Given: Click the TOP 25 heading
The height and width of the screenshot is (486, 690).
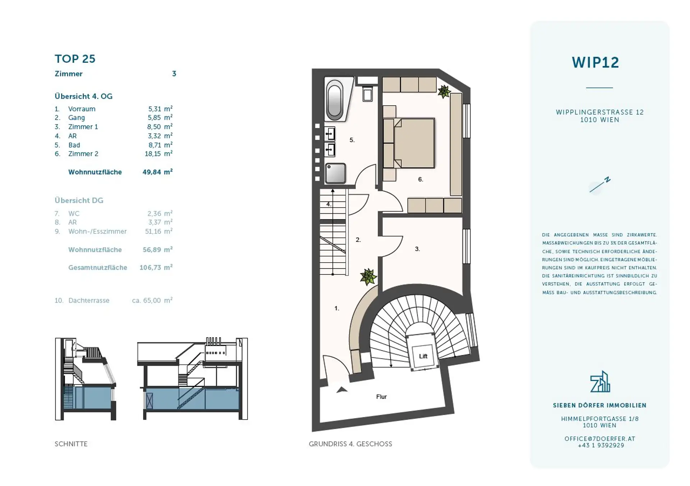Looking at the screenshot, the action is [75, 59].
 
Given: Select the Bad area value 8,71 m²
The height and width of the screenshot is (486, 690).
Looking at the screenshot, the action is [160, 145].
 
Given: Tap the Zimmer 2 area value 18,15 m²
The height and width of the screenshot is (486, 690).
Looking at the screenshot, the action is [158, 154].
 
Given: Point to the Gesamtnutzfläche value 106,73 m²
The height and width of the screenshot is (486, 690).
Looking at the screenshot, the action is [156, 268].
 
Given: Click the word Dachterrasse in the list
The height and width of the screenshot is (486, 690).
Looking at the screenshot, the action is [89, 301].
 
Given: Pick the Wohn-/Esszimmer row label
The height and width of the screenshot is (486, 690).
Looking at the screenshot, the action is [97, 232].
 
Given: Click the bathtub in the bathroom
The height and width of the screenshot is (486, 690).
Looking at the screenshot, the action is [335, 99].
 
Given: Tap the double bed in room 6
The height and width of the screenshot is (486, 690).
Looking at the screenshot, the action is [409, 143].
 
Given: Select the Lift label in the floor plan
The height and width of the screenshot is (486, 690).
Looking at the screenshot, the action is [423, 356].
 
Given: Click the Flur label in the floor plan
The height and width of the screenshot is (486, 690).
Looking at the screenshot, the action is [381, 397].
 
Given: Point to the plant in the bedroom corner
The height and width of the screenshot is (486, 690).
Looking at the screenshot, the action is [444, 91].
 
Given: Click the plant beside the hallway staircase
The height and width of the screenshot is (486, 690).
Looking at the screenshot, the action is [368, 277].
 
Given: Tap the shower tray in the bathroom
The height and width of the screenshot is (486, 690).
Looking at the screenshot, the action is [335, 173].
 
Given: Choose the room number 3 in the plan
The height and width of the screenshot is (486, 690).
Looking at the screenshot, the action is [417, 249].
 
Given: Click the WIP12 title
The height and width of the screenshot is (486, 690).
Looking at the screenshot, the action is [595, 63].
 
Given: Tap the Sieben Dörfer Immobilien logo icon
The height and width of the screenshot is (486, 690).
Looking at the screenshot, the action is [600, 381].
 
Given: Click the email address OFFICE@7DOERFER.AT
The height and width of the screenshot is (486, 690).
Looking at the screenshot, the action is [600, 439].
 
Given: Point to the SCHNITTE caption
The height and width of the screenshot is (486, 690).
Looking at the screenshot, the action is [71, 444].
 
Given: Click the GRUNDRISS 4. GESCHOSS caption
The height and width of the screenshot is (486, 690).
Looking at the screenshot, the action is [350, 444].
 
